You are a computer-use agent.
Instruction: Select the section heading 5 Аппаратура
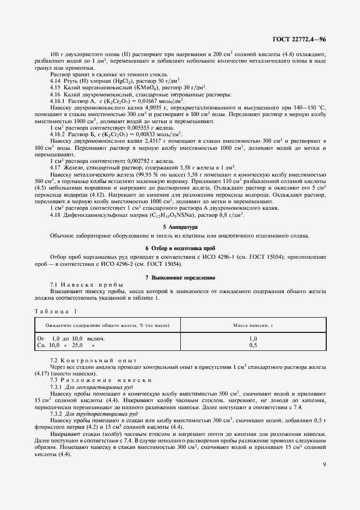click(x=180, y=226)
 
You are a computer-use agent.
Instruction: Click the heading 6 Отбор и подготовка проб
click(x=180, y=248)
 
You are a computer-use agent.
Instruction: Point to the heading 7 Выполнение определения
click(x=180, y=278)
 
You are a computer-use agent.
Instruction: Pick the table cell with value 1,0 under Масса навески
click(x=253, y=339)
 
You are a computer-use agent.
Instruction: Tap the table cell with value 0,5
click(x=253, y=345)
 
